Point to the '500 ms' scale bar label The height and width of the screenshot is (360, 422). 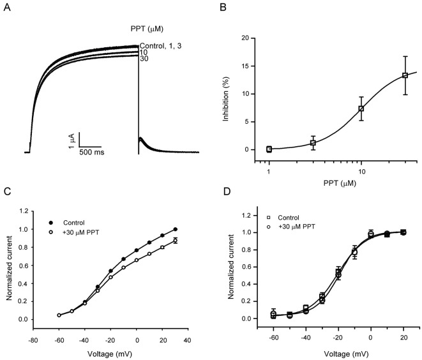92,153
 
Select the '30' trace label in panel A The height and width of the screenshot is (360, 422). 144,59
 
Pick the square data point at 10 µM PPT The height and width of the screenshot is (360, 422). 361,109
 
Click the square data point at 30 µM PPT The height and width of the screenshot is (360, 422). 405,75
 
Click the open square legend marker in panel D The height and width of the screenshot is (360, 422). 271,217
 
